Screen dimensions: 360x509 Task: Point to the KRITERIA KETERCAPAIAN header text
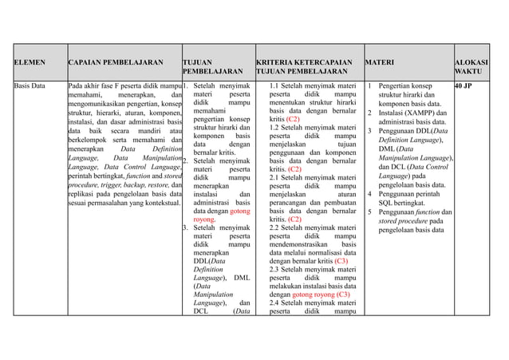tap(304, 61)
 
